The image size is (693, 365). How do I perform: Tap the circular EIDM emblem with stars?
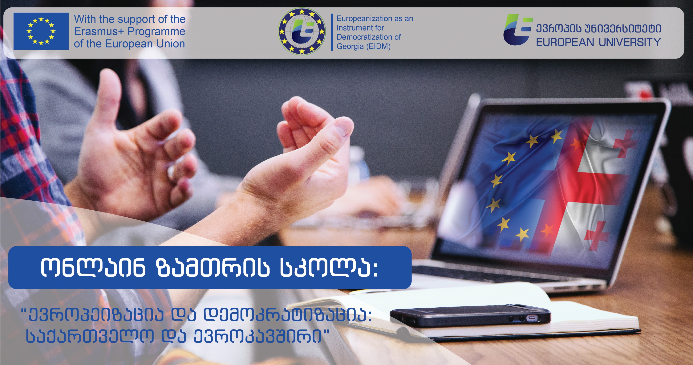(x=302, y=31)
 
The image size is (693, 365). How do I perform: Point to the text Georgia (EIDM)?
(x=363, y=46)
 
